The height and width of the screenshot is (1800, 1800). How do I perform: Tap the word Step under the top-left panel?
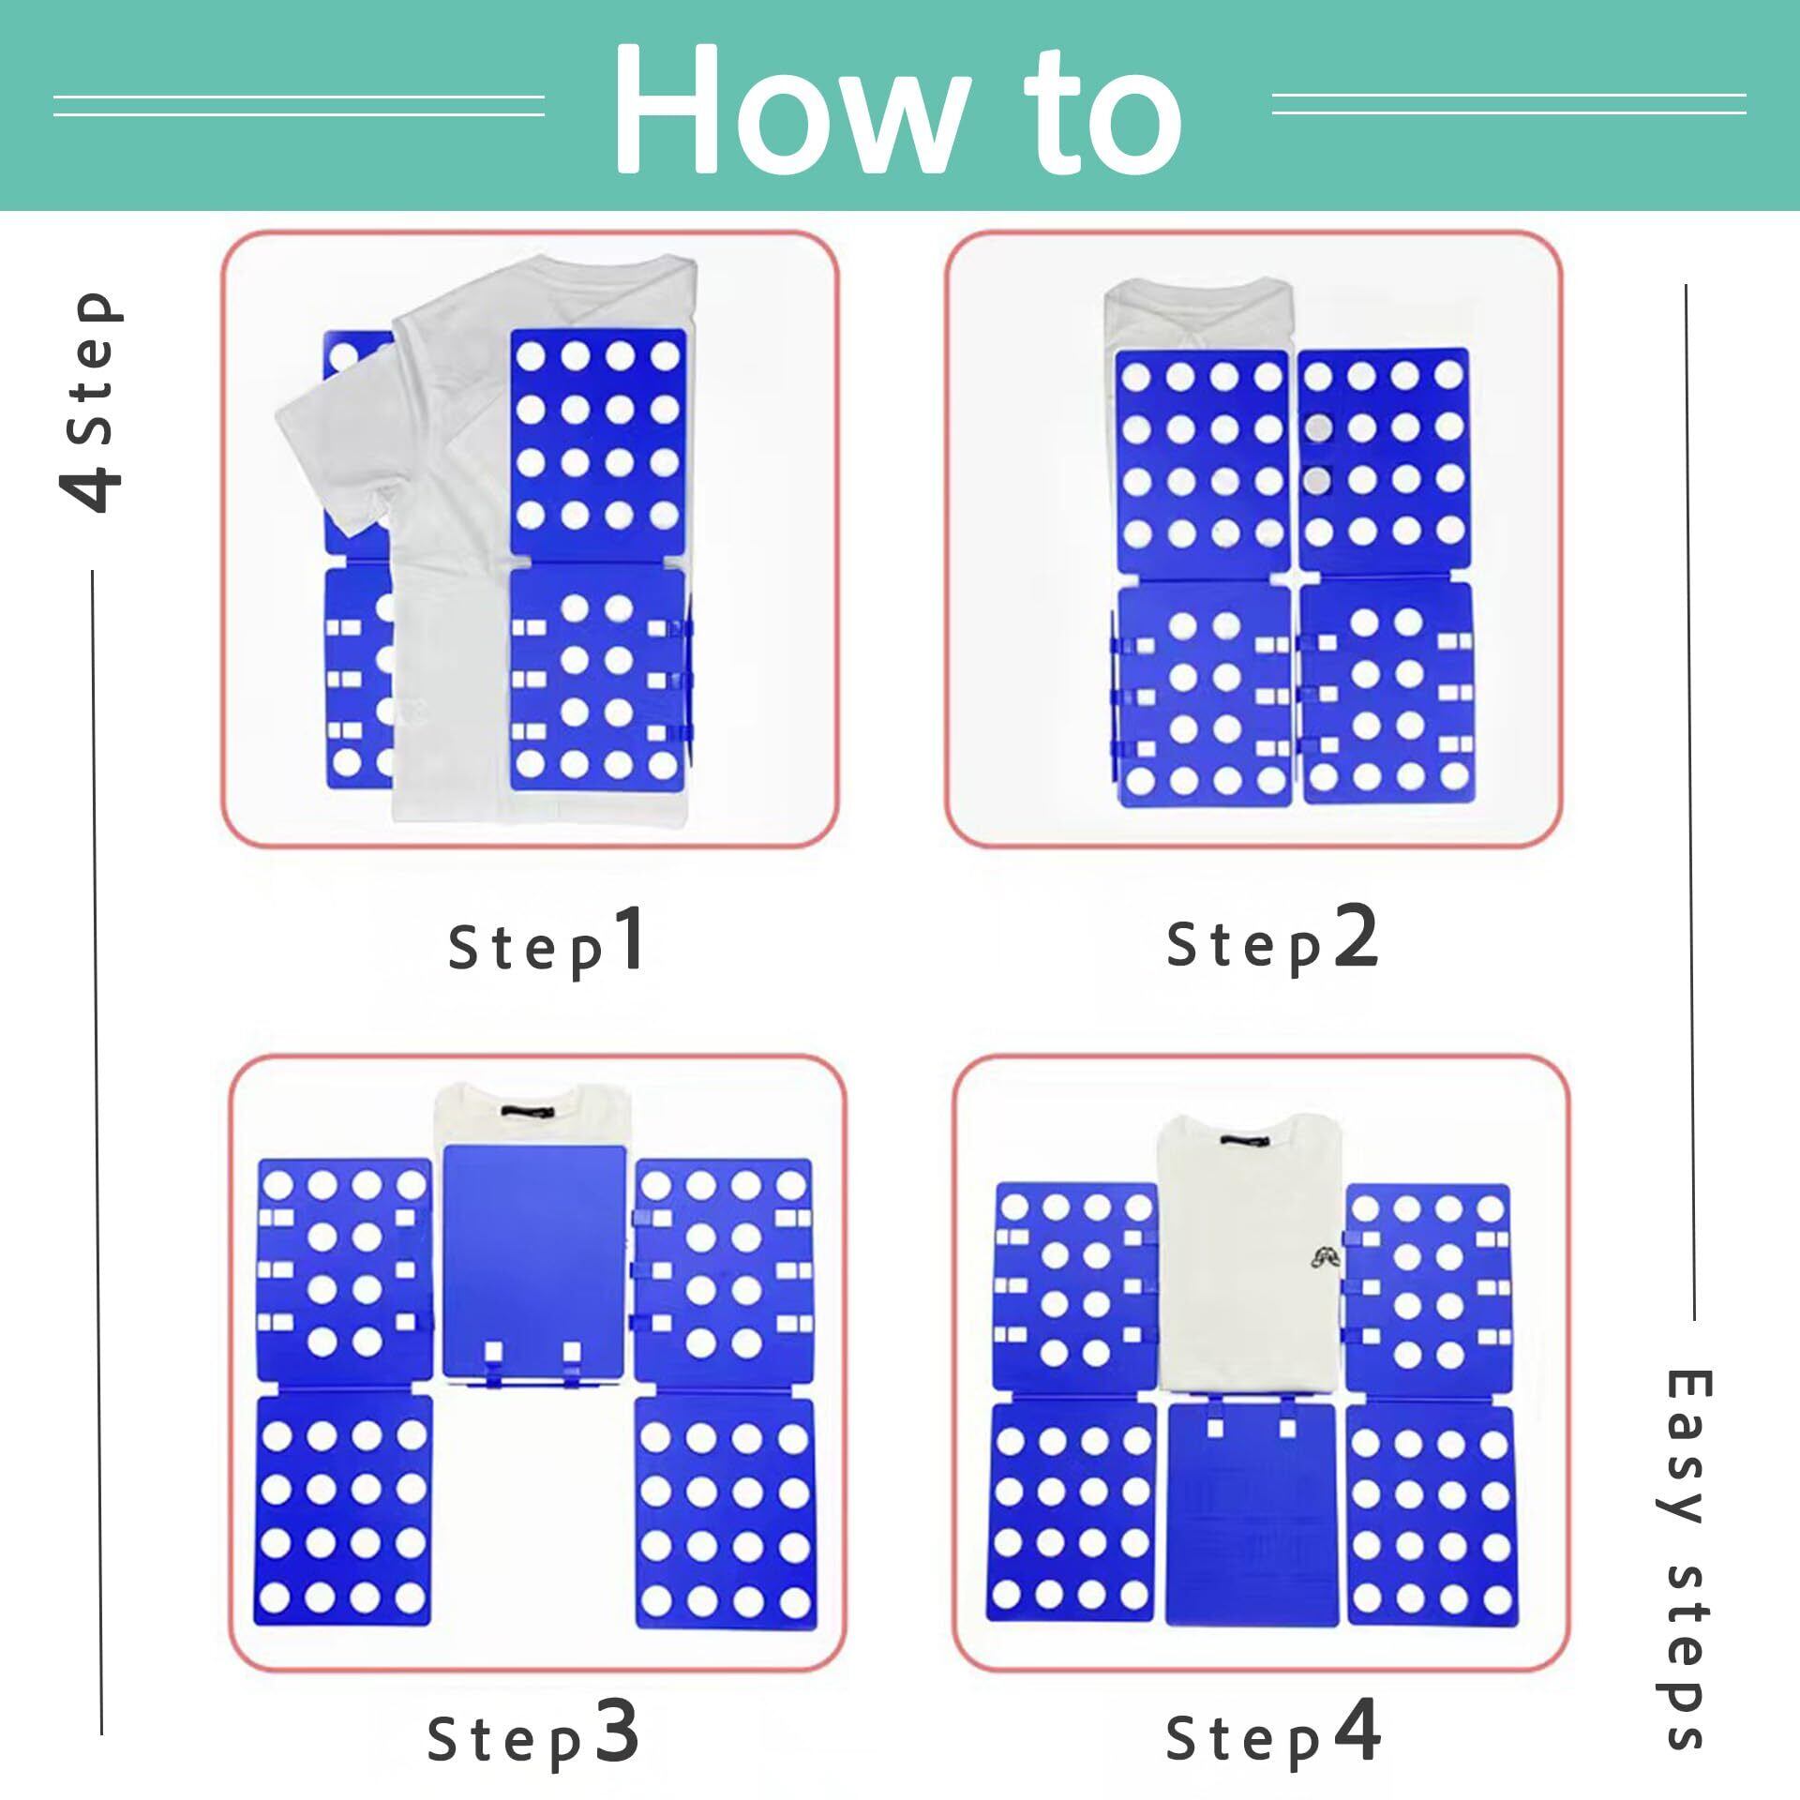[x=526, y=950]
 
